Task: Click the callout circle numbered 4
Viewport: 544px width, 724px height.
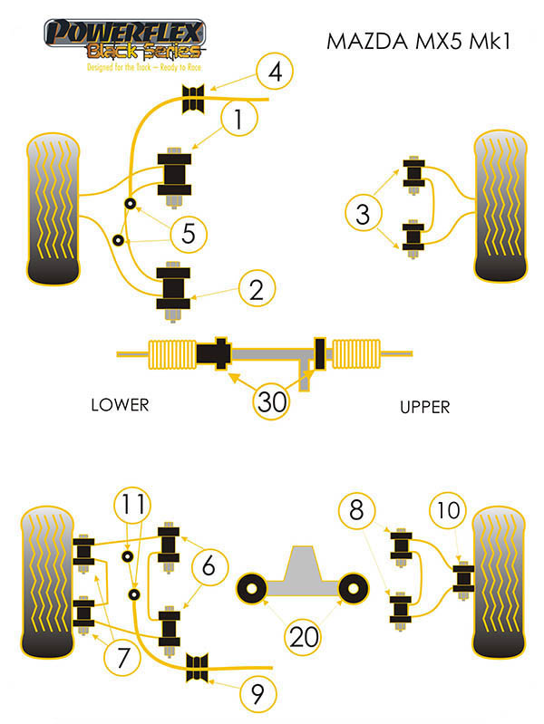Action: [x=275, y=70]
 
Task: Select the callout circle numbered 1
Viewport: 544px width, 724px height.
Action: [x=238, y=119]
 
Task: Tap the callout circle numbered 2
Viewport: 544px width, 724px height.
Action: [x=257, y=289]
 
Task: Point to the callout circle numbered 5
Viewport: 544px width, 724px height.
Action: [x=189, y=234]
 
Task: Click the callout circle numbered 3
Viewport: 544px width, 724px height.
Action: [x=364, y=215]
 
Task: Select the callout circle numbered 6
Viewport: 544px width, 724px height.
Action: [x=209, y=568]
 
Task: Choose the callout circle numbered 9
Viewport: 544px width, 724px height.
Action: [x=258, y=695]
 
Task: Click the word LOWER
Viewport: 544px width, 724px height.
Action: [x=119, y=405]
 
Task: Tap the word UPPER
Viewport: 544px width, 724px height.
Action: [x=424, y=407]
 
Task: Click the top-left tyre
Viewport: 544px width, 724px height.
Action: [x=56, y=208]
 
